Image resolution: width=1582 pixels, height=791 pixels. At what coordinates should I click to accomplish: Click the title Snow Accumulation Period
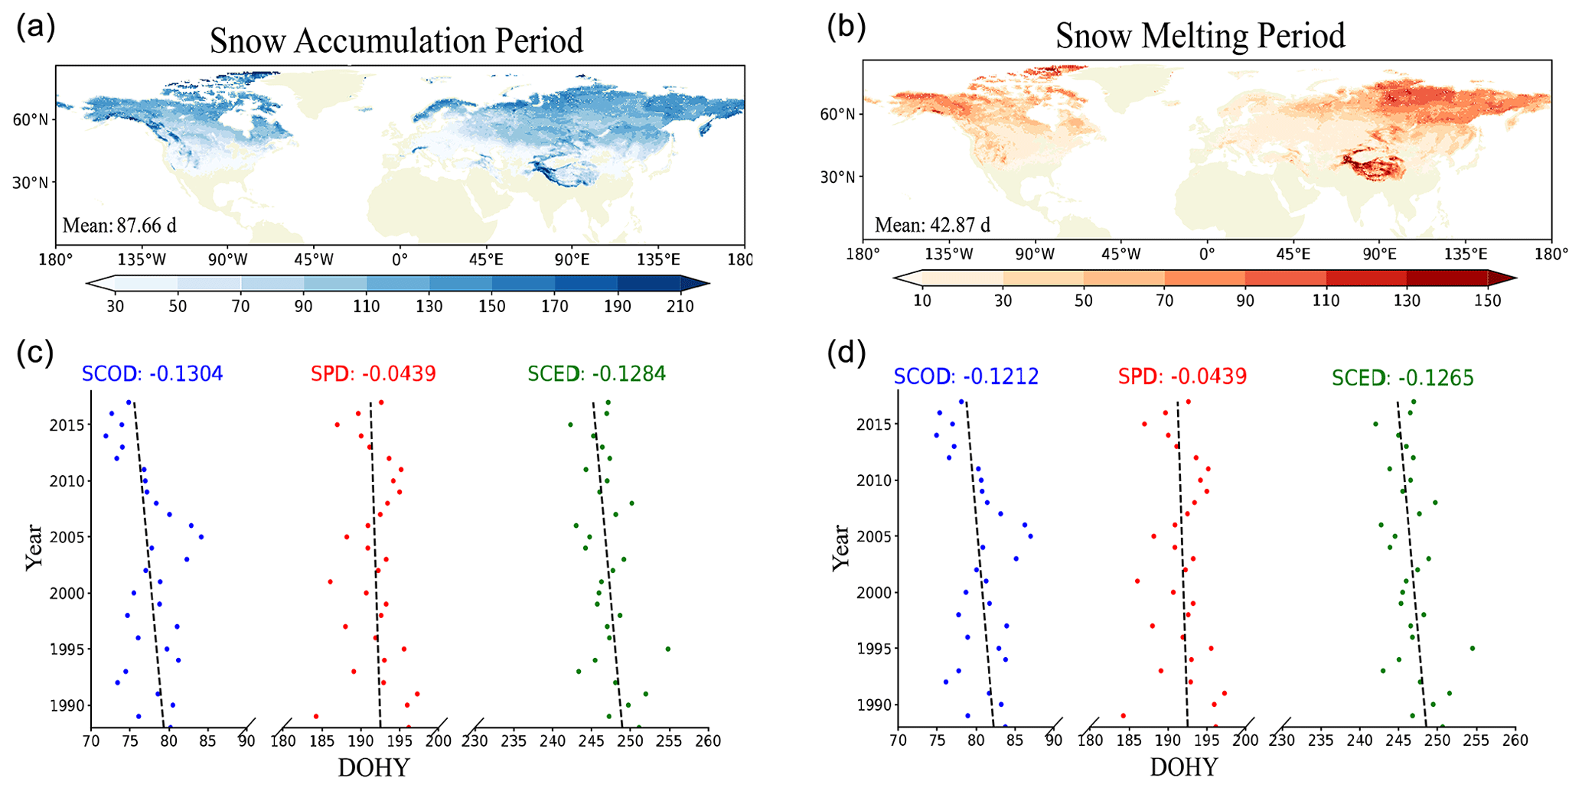click(x=396, y=41)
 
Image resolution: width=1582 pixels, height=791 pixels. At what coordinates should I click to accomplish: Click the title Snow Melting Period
click(x=1200, y=36)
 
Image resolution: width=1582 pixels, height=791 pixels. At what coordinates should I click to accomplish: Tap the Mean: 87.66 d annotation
click(x=119, y=226)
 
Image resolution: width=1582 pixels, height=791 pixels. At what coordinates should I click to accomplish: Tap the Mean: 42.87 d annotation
click(x=932, y=226)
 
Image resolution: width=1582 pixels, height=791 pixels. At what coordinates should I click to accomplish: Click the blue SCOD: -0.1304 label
click(x=152, y=374)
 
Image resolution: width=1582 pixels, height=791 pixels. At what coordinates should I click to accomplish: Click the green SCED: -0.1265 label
click(x=1402, y=378)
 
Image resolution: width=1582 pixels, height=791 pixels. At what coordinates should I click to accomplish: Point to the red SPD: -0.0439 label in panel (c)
click(x=373, y=374)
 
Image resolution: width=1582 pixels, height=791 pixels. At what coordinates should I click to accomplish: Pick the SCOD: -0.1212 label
click(x=966, y=376)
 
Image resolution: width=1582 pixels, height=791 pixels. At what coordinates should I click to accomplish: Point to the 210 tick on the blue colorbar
click(x=680, y=307)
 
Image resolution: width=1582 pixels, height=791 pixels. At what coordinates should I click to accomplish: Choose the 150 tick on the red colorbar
click(x=1487, y=301)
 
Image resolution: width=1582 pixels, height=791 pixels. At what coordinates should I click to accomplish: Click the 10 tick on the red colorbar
click(x=922, y=301)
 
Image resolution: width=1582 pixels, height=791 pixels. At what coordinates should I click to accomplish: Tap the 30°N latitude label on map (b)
click(x=837, y=177)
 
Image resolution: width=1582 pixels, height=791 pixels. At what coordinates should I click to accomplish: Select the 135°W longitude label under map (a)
click(x=142, y=260)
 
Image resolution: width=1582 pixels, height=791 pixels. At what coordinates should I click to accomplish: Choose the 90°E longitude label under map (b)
click(x=1379, y=255)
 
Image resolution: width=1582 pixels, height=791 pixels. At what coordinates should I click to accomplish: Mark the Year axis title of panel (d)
click(x=840, y=547)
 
